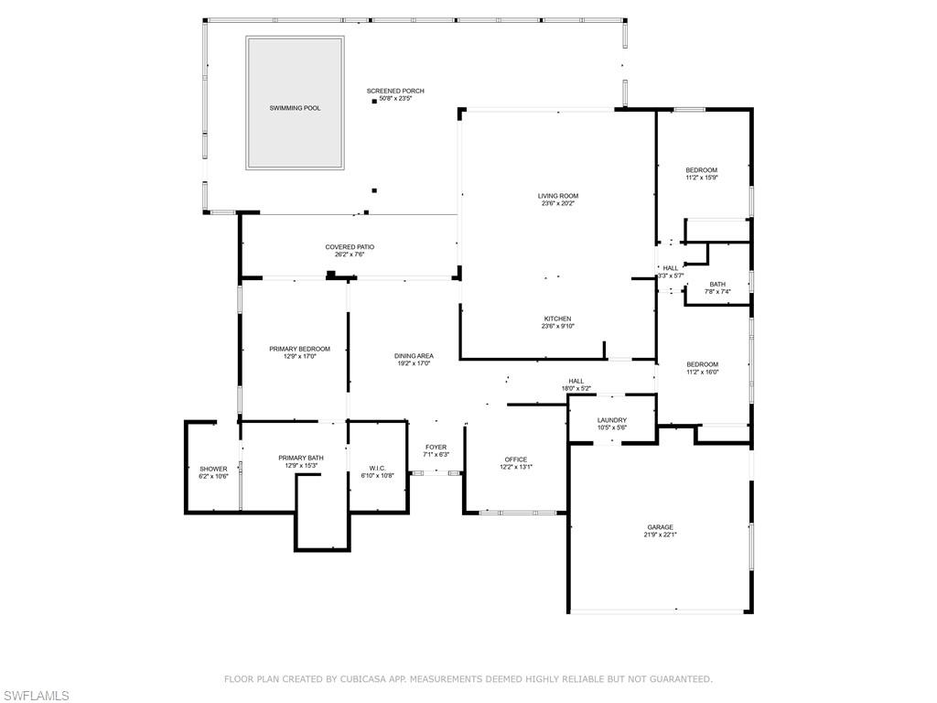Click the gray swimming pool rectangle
coord(296,103)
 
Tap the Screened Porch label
coord(395,91)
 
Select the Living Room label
coord(558,196)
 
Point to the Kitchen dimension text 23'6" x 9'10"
coord(558,327)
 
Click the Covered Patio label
coord(350,247)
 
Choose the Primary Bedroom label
coord(299,349)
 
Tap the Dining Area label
coord(414,356)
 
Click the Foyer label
coord(436,447)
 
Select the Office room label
coord(516,460)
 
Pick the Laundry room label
coord(612,420)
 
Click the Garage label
coord(661,527)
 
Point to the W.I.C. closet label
coord(377,468)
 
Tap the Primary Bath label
coord(300,458)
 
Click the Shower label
coord(213,469)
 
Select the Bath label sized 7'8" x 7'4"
coord(717,285)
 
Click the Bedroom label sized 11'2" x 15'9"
coord(702,170)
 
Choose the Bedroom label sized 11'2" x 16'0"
coord(702,364)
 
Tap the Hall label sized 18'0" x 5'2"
coord(576,382)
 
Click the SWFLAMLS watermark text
coord(35,696)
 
